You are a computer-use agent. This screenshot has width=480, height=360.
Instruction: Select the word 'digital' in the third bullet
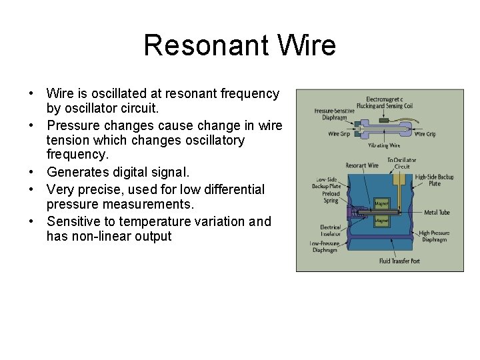[x=127, y=172]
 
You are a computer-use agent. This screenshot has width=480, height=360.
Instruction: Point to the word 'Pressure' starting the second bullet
[x=73, y=125]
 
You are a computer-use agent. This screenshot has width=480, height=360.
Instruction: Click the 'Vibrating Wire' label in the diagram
[x=384, y=145]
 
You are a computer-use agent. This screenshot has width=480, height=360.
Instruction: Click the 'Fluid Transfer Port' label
[x=399, y=261]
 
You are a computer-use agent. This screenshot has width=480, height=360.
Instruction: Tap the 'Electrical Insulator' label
[x=330, y=231]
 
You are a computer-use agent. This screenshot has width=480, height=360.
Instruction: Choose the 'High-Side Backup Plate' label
[x=434, y=180]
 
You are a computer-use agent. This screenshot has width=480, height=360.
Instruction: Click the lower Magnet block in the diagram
[x=381, y=219]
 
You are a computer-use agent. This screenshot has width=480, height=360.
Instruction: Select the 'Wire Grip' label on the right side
[x=425, y=134]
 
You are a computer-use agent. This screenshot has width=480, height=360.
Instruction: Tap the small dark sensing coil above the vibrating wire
[x=384, y=121]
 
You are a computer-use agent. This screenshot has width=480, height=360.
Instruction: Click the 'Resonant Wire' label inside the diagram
[x=362, y=165]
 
